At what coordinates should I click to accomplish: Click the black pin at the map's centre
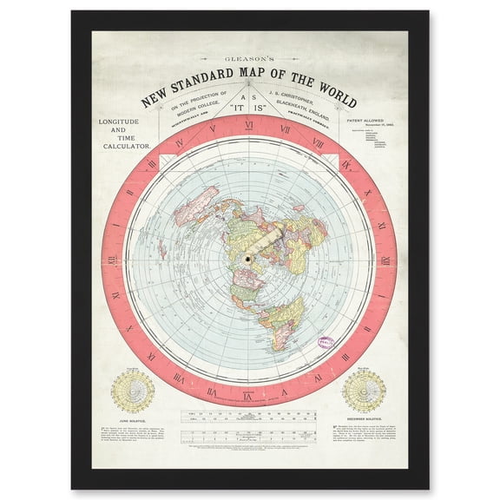point(250,259)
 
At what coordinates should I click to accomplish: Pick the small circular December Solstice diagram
point(364,391)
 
